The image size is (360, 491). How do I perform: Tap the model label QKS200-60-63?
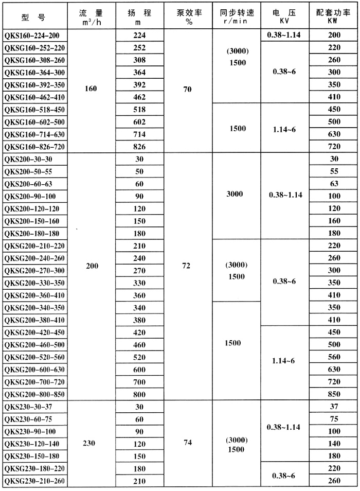(x=28, y=184)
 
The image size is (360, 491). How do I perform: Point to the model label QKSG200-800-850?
(x=33, y=394)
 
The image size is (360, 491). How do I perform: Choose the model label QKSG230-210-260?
(x=33, y=481)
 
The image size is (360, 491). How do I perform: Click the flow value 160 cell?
(x=91, y=89)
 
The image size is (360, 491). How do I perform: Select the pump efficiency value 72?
(x=187, y=266)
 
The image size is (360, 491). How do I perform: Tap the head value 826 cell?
(x=139, y=147)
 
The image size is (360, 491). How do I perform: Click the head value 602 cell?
(x=139, y=122)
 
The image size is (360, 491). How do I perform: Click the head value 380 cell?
(x=139, y=320)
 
